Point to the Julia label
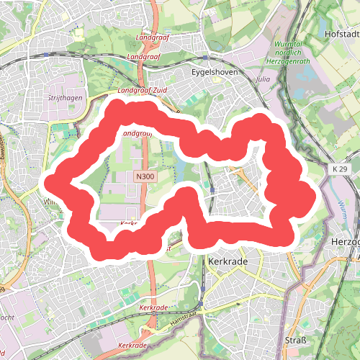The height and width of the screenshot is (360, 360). [264, 79]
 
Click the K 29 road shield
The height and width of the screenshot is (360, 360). [341, 168]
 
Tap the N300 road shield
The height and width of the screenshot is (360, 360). [145, 176]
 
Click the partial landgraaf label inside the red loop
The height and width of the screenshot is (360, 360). [135, 134]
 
